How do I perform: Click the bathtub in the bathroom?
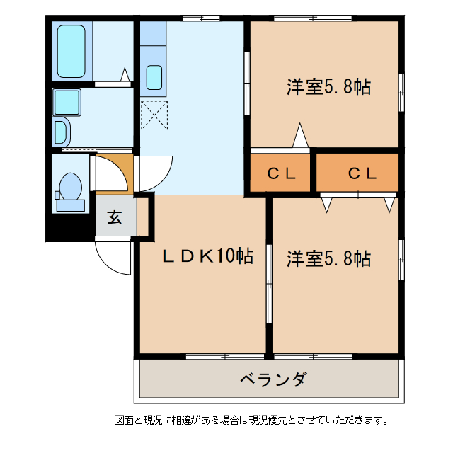click(71, 51)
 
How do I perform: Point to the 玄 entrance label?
click(114, 217)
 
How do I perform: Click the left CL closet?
click(280, 173)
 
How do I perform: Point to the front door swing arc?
click(113, 258)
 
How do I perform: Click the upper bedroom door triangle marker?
click(301, 136)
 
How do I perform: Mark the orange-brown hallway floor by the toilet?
click(113, 173)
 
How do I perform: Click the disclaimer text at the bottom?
click(251, 420)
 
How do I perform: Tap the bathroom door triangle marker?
click(125, 75)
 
